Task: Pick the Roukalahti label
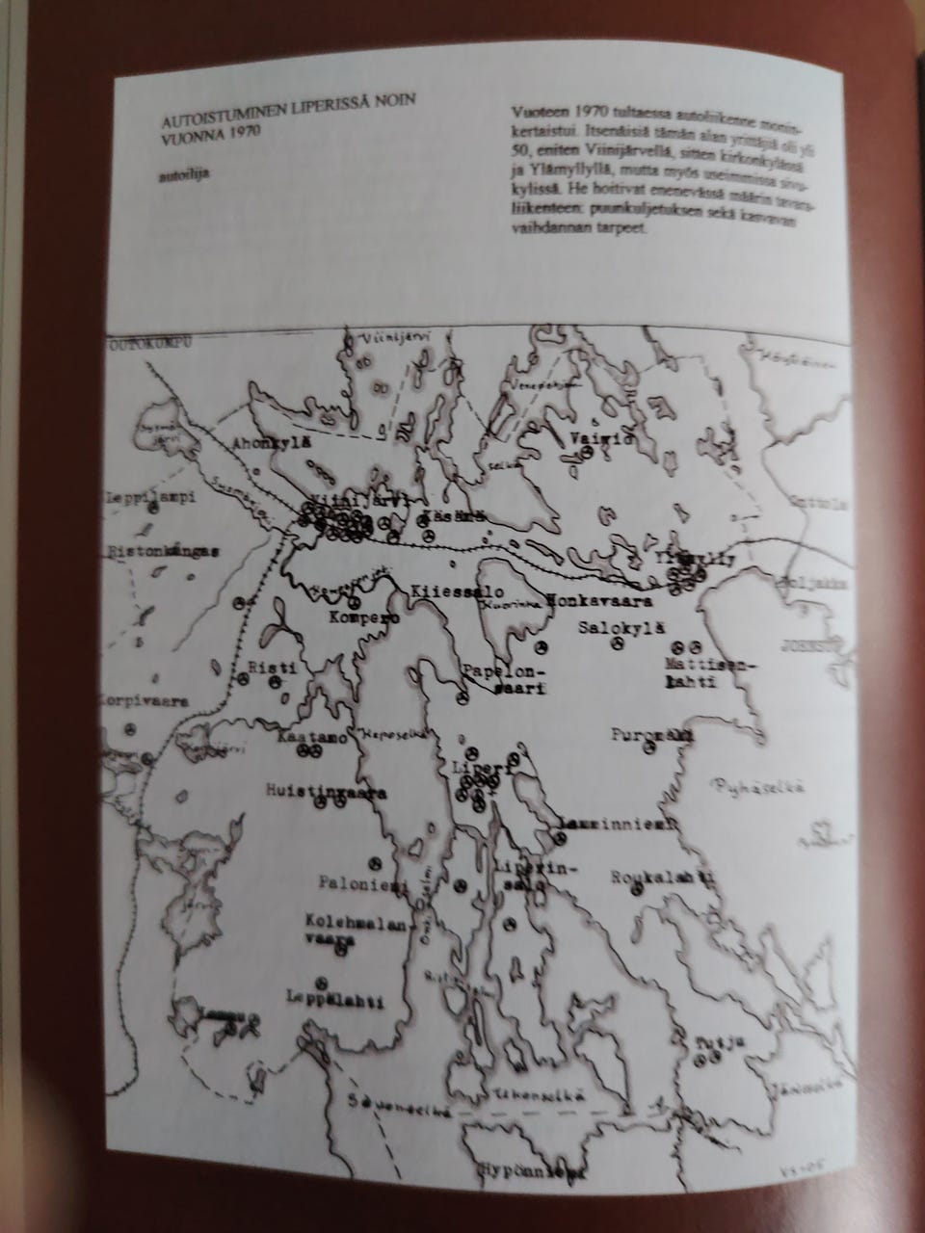pos(660,879)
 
